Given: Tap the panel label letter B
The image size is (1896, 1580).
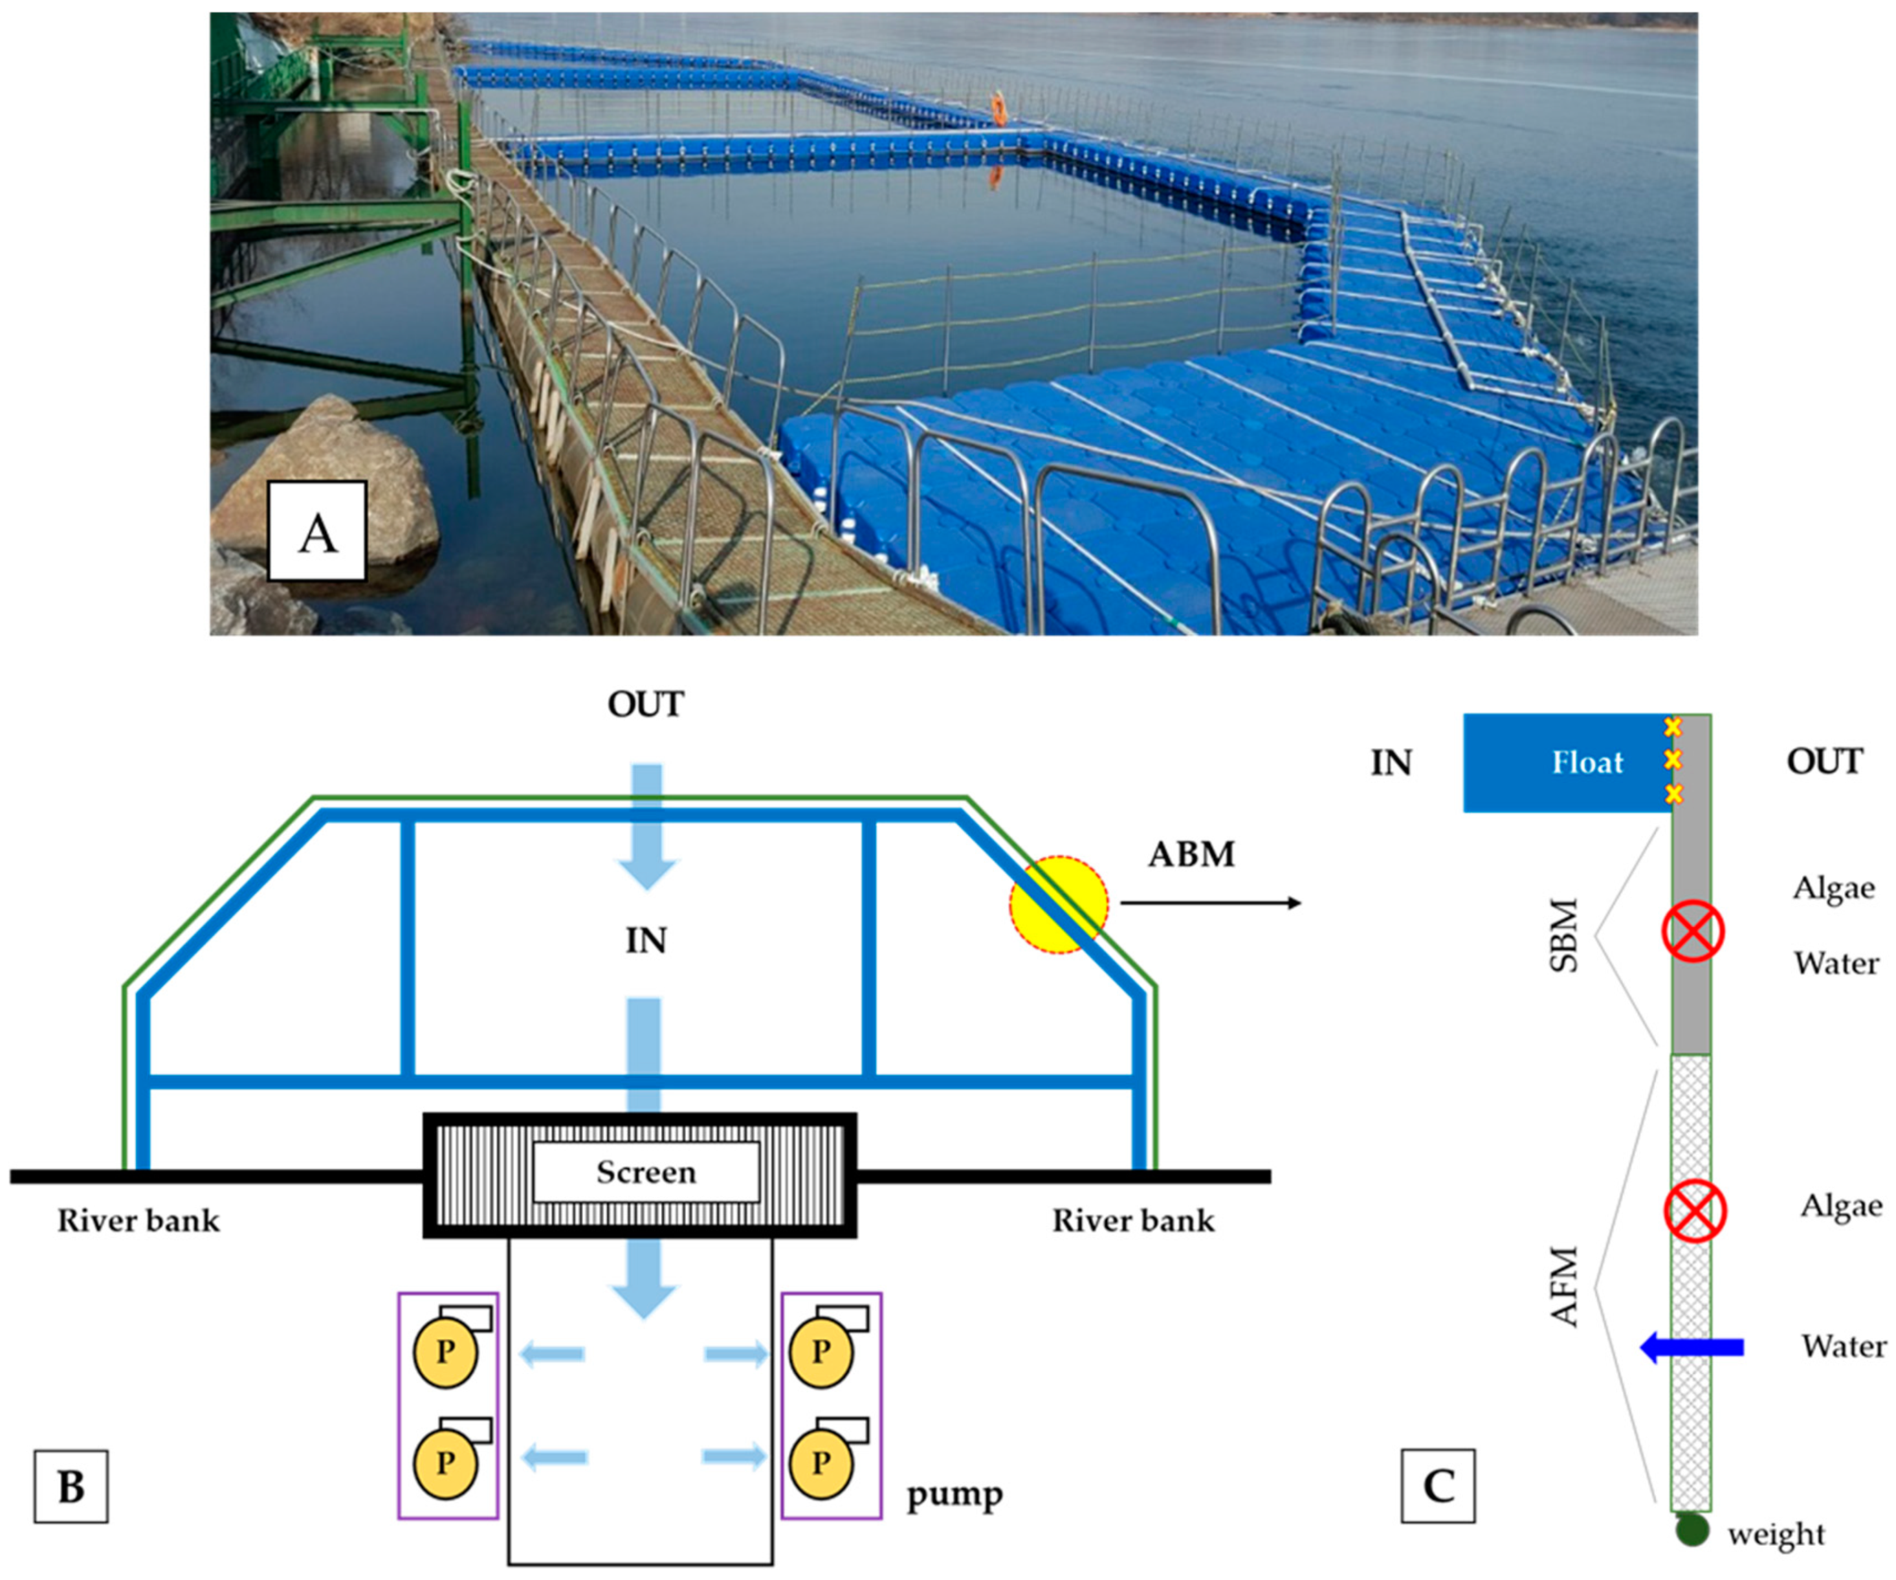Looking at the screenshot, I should pyautogui.click(x=71, y=1487).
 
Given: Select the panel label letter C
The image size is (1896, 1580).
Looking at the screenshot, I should pyautogui.click(x=1439, y=1486).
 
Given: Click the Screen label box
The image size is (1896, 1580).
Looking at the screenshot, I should pyautogui.click(x=646, y=1173).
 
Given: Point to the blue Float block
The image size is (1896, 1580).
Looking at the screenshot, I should pyautogui.click(x=1569, y=763).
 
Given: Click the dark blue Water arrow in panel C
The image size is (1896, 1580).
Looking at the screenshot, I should pyautogui.click(x=1691, y=1348).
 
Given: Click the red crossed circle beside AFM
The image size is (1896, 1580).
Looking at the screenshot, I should pyautogui.click(x=1695, y=1211).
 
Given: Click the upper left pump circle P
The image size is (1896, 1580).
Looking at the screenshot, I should pyautogui.click(x=445, y=1352).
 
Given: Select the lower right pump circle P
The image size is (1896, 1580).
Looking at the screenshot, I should pyautogui.click(x=821, y=1463).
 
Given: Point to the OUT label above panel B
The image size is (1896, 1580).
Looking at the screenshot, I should pyautogui.click(x=646, y=704).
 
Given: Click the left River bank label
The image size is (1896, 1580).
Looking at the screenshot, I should pyautogui.click(x=138, y=1221).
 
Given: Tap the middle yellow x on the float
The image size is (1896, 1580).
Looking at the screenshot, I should pyautogui.click(x=1672, y=760).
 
